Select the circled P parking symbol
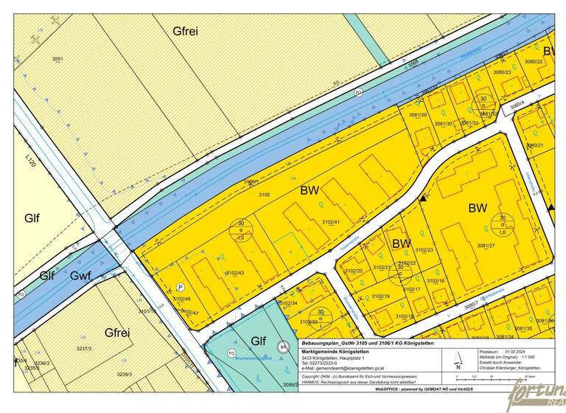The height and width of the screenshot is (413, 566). click(x=180, y=287)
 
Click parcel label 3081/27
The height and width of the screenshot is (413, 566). click(x=486, y=246)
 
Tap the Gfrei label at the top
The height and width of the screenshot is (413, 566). click(x=185, y=31)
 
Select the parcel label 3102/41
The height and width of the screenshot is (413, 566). click(x=331, y=221)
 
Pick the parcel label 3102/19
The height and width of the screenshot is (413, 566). click(x=380, y=296)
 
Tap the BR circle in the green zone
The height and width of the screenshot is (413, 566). click(x=282, y=347)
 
